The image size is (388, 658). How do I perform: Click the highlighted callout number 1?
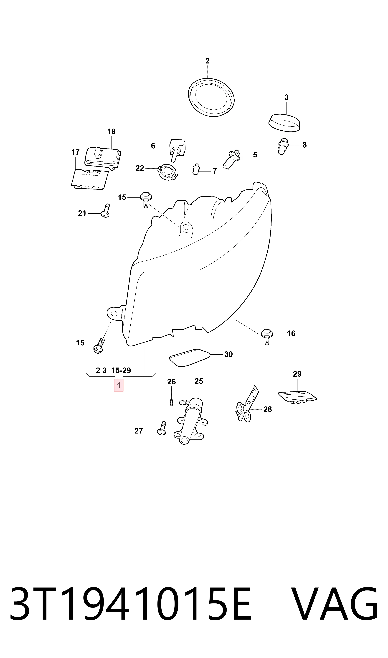119,385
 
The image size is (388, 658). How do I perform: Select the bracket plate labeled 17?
90,179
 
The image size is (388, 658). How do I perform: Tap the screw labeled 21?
105,211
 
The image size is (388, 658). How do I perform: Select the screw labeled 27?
162,428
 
